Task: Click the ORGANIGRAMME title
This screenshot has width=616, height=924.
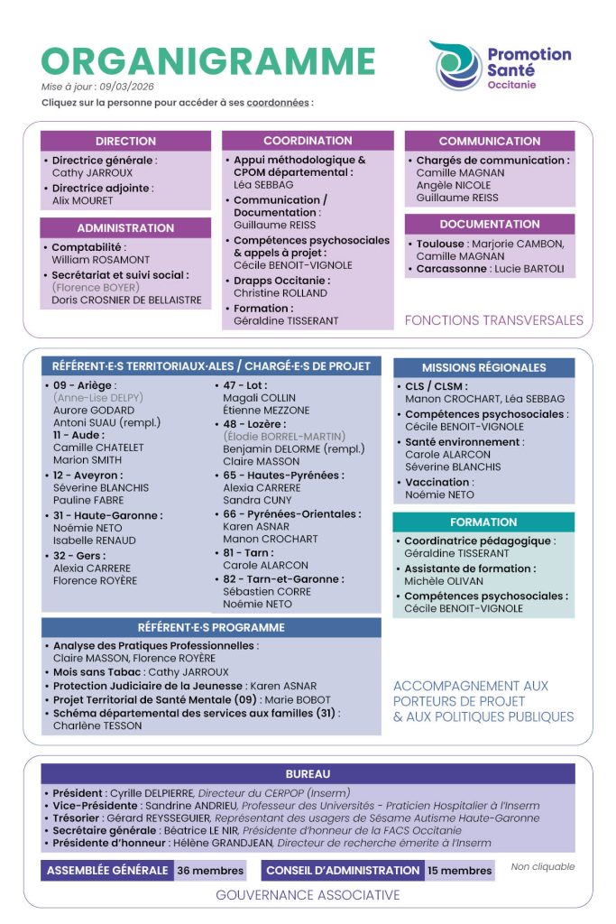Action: [x=208, y=60]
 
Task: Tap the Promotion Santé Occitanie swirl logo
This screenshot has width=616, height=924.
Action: [x=456, y=65]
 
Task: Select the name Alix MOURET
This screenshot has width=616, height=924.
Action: [x=83, y=200]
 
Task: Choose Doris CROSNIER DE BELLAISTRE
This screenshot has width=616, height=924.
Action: [x=126, y=300]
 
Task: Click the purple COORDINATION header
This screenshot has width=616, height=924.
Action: [x=308, y=141]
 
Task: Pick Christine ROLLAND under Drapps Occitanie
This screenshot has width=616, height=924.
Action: [x=280, y=293]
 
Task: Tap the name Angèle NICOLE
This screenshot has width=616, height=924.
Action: [x=454, y=185]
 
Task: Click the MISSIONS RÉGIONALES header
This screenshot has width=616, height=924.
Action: [x=483, y=367]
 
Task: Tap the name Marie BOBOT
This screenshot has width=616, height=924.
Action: [x=310, y=699]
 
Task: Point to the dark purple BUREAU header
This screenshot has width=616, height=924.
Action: [x=308, y=774]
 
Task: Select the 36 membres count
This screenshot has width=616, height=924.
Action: [x=210, y=870]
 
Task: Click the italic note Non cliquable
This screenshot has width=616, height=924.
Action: [x=542, y=867]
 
